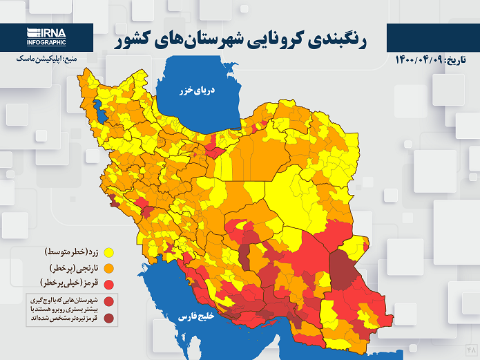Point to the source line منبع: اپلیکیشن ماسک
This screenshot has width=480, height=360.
[45, 59]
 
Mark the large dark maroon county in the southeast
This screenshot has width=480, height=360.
[343, 269]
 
